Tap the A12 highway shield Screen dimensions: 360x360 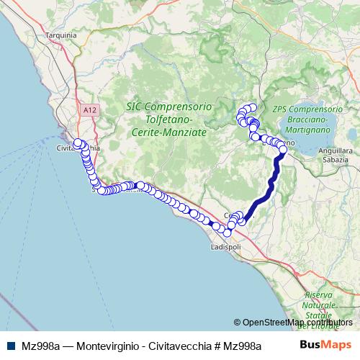[x=88, y=109]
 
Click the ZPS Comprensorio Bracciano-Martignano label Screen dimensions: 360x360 [x=307, y=117]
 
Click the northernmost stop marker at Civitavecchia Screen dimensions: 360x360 [x=78, y=143]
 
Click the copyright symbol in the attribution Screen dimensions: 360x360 [x=238, y=323]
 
